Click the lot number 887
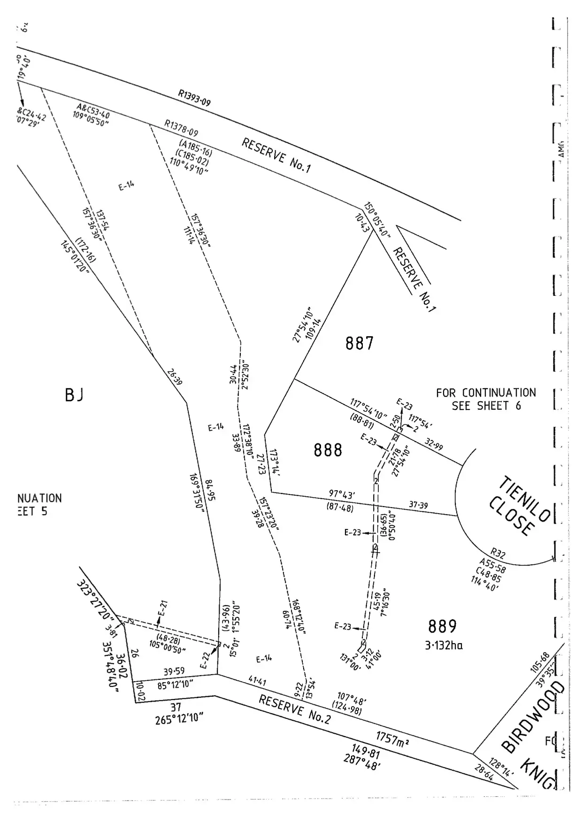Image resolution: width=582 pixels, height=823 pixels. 360,344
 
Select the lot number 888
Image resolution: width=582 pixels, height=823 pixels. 328,451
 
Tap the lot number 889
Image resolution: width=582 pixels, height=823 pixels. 442,626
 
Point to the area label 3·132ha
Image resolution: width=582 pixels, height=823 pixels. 444,645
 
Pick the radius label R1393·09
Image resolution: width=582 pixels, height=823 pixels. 194,98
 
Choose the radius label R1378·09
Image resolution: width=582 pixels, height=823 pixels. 181,128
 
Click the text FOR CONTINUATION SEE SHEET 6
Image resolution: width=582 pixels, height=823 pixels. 486,399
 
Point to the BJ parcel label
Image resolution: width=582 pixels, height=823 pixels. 74,395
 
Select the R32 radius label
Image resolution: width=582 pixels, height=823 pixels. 498,553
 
